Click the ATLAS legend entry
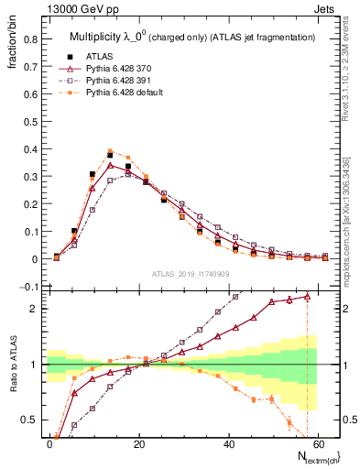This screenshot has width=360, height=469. click(x=96, y=56)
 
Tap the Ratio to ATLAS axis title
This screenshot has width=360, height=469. click(x=12, y=365)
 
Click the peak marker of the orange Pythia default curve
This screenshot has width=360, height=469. click(x=110, y=151)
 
